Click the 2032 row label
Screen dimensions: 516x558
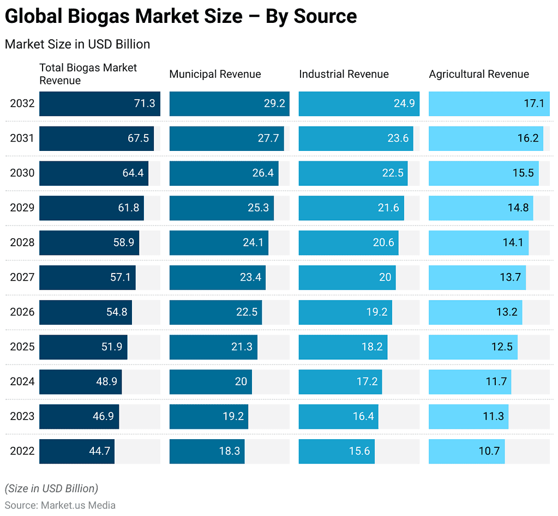pos(22,104)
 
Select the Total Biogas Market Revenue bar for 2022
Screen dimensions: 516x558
pos(77,451)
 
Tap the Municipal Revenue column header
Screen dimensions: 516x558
pos(215,74)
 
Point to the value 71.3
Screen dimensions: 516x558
pos(145,104)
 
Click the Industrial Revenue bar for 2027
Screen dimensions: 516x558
pos(347,277)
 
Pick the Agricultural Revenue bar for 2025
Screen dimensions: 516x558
pos(473,347)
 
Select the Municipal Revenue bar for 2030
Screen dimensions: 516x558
pos(224,173)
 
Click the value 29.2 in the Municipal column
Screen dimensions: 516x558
pos(274,104)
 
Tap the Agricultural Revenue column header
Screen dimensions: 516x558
pos(479,74)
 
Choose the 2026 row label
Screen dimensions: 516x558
pos(22,312)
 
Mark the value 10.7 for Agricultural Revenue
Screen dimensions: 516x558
pos(489,451)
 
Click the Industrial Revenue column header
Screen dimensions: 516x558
pos(344,74)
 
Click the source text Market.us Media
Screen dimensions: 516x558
pos(78,505)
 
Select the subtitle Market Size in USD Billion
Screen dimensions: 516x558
pos(77,44)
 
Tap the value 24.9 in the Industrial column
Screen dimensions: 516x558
pos(404,104)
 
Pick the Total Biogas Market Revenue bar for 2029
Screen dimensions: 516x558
pos(91,208)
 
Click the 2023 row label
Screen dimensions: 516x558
pos(22,416)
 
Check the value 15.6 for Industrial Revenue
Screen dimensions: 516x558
pos(359,451)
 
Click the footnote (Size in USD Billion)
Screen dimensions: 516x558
pos(51,488)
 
